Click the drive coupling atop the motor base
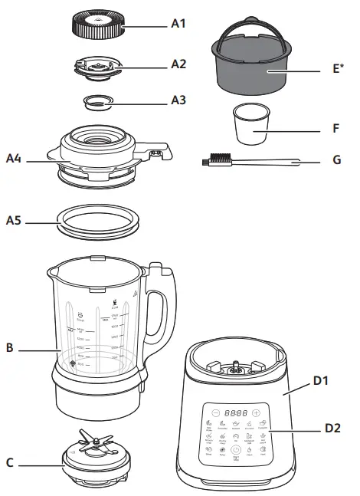tap(236, 366)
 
